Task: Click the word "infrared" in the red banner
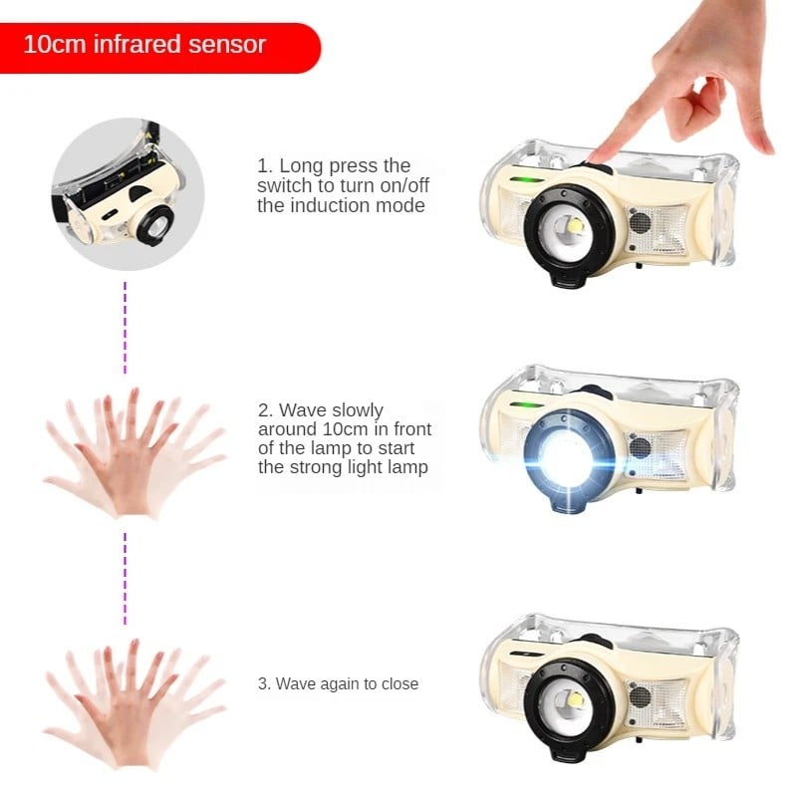(x=137, y=44)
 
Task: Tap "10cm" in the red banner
(x=55, y=44)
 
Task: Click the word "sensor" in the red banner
(x=227, y=45)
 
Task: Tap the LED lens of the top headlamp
(x=568, y=230)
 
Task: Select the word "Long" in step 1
(x=300, y=165)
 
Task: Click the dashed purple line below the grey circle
(x=126, y=328)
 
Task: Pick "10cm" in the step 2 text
(x=345, y=429)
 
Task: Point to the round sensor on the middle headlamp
(x=640, y=447)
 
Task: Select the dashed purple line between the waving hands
(x=126, y=579)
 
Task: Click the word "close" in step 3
(x=400, y=683)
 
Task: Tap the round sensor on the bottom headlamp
(x=640, y=696)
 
